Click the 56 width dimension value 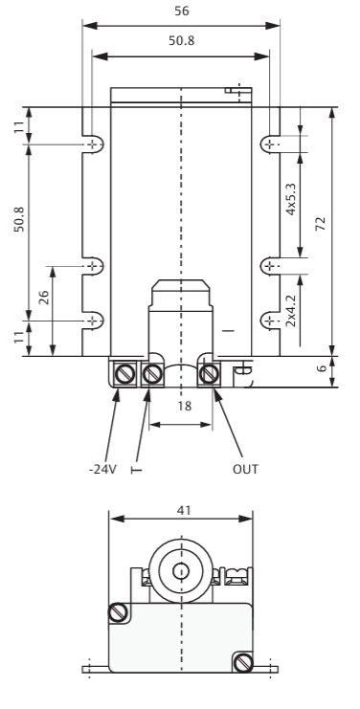point(182,11)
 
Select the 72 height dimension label point(320,224)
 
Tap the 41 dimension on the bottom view point(184,510)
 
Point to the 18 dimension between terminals point(184,406)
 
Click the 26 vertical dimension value point(43,297)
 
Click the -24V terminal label point(102,470)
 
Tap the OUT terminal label point(245,470)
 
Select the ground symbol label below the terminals point(136,470)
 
